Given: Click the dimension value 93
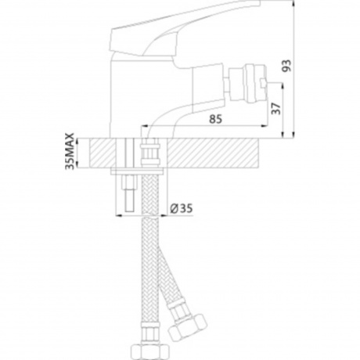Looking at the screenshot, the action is [286, 66].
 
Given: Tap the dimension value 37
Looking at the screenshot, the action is [276, 109].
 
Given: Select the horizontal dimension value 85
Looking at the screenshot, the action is [215, 119].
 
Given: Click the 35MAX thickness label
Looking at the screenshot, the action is [70, 151].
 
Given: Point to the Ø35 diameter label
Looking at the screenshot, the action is [182, 208].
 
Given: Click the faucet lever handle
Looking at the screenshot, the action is [182, 29].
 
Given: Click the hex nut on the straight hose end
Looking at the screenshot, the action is [149, 352].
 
